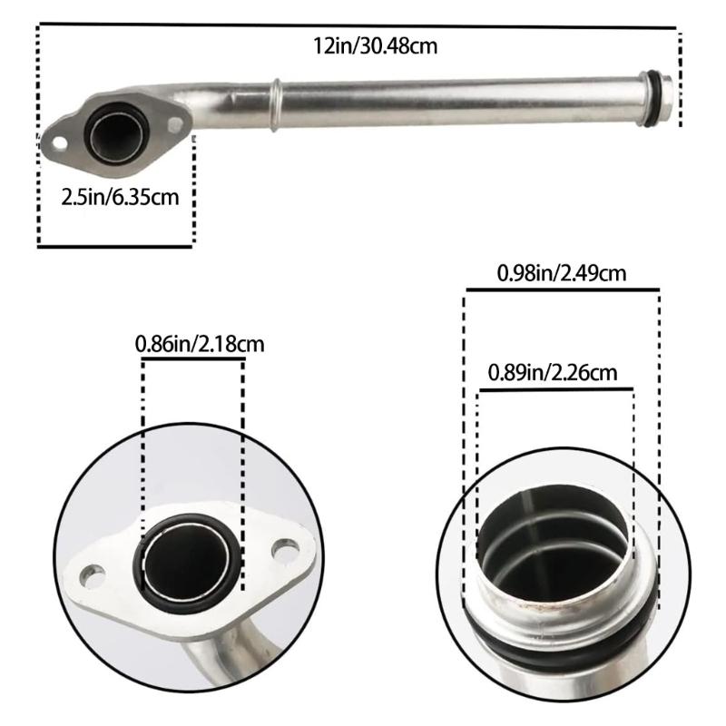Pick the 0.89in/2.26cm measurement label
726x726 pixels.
[553, 371]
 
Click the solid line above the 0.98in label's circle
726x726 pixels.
[563, 289]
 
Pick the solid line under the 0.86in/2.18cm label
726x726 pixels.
[192, 359]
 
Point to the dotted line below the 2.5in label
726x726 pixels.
[115, 245]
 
